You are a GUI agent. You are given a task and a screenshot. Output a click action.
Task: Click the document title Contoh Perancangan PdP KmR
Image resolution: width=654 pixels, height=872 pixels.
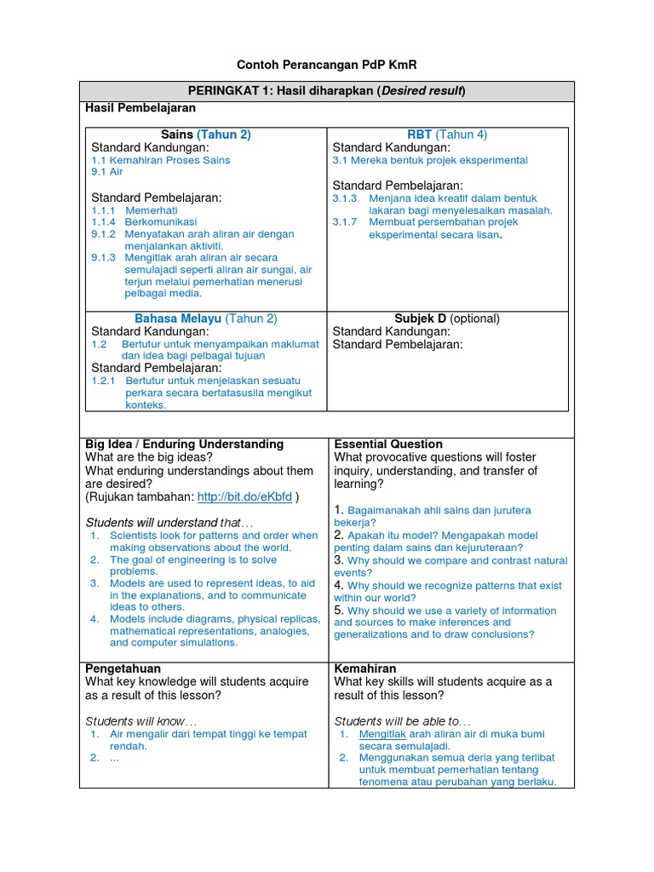coord(326,66)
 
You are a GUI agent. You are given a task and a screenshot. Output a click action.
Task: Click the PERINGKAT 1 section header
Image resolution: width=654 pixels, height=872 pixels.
coord(326,91)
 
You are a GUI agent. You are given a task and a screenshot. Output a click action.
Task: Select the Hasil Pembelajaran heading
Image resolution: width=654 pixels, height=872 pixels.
coord(141,108)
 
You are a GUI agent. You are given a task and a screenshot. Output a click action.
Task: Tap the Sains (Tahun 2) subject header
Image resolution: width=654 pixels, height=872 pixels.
coord(205,135)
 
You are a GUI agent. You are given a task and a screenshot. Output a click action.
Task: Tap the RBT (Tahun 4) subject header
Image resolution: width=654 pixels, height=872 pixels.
coord(447,135)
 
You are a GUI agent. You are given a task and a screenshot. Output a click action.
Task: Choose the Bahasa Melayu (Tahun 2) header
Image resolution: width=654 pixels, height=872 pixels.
coord(205,318)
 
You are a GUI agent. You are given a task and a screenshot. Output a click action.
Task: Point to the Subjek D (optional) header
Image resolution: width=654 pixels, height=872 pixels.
coord(447,318)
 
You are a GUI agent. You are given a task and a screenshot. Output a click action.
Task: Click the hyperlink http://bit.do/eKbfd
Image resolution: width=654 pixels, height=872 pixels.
coord(244,496)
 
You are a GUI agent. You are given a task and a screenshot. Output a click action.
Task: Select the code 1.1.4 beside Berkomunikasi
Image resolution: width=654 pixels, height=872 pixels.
coord(104,221)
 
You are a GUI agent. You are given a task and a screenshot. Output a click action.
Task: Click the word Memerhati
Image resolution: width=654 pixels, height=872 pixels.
coord(150,209)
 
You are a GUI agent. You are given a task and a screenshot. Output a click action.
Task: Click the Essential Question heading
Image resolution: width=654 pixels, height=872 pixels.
coord(388,445)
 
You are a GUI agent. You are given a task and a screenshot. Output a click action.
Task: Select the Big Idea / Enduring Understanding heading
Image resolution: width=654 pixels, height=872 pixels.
coord(185,445)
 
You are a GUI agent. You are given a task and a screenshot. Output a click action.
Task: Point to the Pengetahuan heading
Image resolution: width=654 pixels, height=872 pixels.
coord(123,669)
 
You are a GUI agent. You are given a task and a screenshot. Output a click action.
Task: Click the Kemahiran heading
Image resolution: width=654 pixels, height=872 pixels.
coord(365,669)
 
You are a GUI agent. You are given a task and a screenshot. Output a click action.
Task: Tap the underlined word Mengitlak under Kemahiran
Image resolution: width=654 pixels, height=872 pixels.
coord(382,734)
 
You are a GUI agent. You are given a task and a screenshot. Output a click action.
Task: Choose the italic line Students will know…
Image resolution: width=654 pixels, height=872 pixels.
coord(141,721)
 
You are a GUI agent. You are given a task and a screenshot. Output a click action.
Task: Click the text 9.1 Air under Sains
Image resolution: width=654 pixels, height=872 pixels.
coord(107,172)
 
